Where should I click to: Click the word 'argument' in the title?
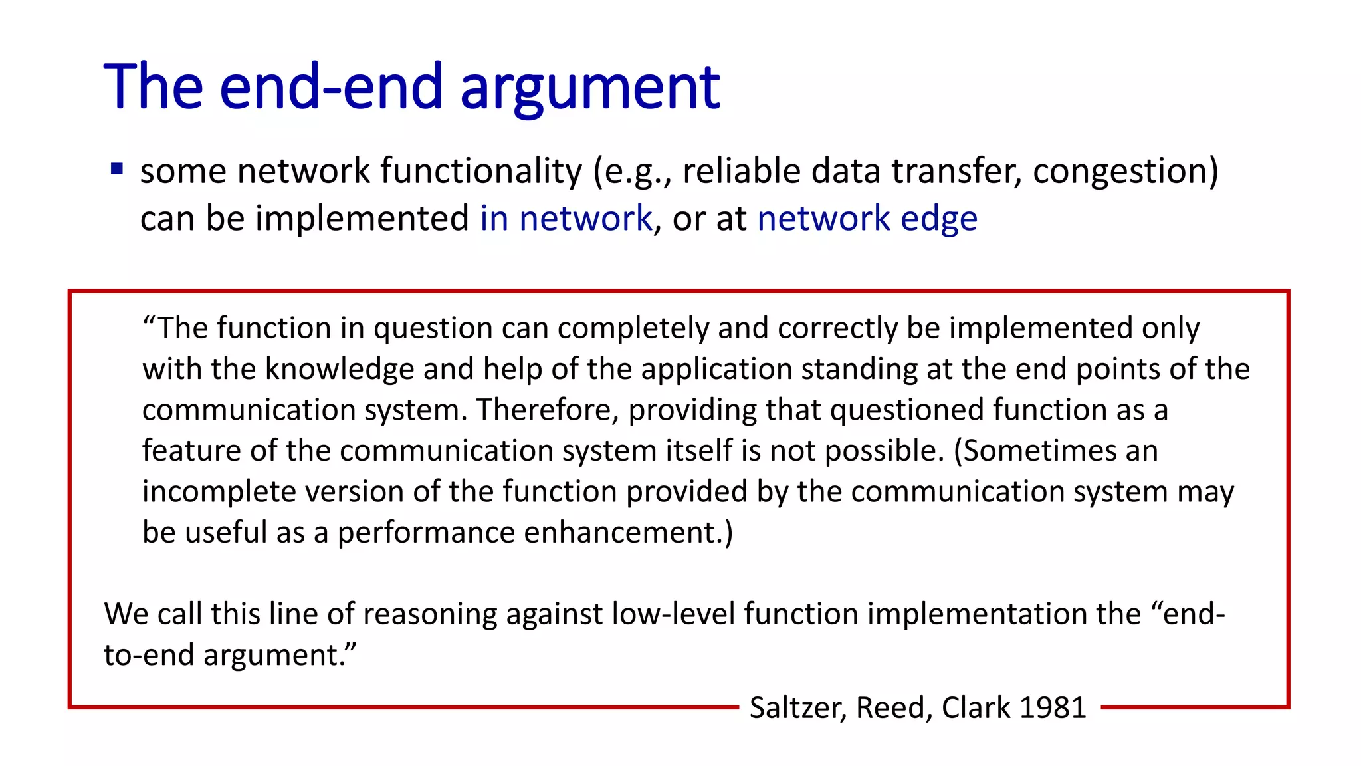pyautogui.click(x=589, y=88)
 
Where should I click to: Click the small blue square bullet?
pyautogui.click(x=117, y=169)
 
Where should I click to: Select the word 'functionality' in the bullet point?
pyautogui.click(x=481, y=171)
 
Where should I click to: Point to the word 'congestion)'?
pyautogui.click(x=1125, y=171)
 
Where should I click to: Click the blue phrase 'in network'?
pyautogui.click(x=566, y=219)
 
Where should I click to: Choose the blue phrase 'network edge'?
pyautogui.click(x=867, y=219)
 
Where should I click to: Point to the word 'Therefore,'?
pyautogui.click(x=548, y=410)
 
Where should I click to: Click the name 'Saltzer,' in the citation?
pyautogui.click(x=798, y=707)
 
